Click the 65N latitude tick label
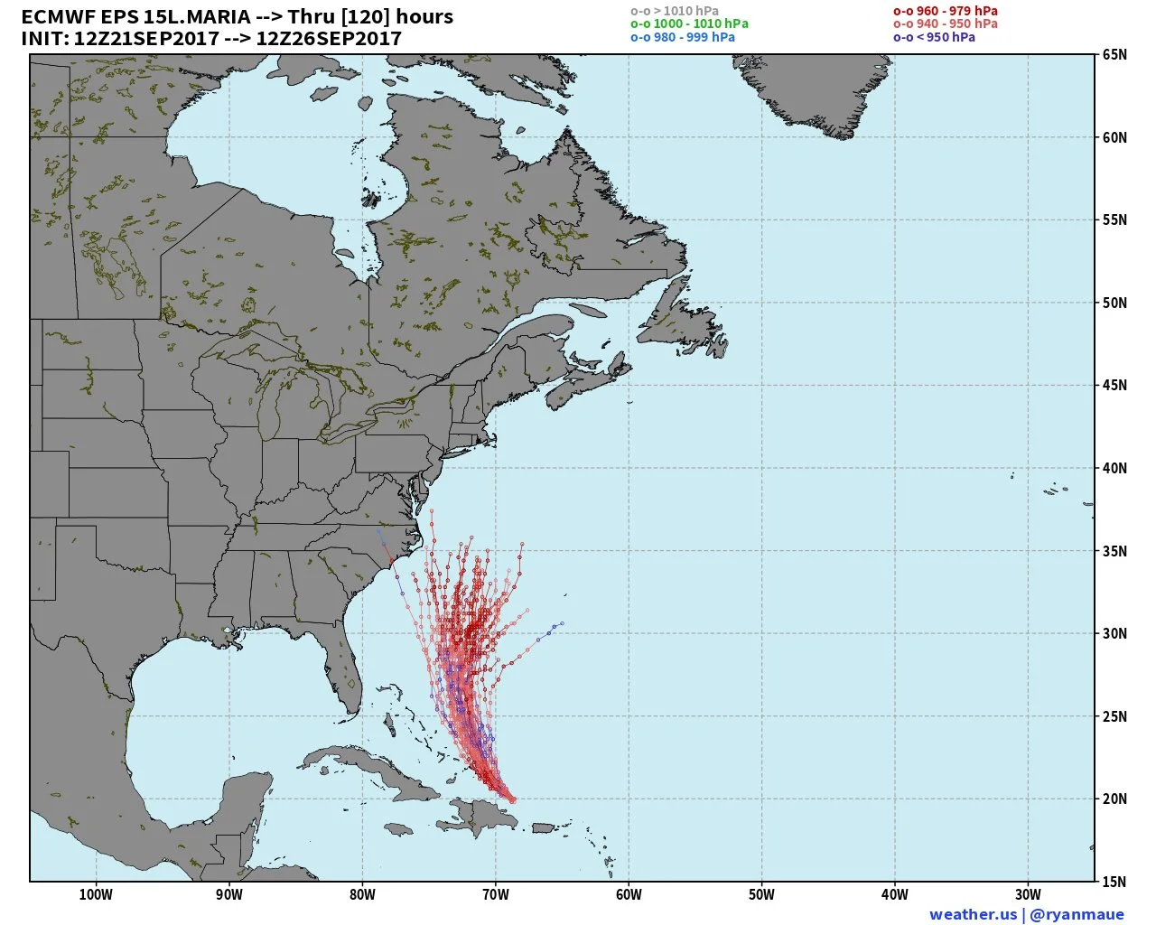(1114, 55)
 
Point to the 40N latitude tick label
(1114, 468)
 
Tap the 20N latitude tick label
(1114, 799)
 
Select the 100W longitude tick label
(96, 894)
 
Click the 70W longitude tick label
(496, 894)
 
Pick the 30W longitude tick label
(1028, 894)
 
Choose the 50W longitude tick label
(761, 894)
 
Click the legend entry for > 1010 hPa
(675, 11)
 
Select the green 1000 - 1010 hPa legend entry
(689, 23)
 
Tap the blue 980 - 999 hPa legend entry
(683, 37)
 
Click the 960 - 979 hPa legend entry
(946, 11)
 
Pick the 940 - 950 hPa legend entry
(946, 23)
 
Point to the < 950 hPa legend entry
(934, 37)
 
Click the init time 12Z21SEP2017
(146, 39)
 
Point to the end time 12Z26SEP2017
(329, 39)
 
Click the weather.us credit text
(973, 914)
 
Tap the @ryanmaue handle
(1077, 914)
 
